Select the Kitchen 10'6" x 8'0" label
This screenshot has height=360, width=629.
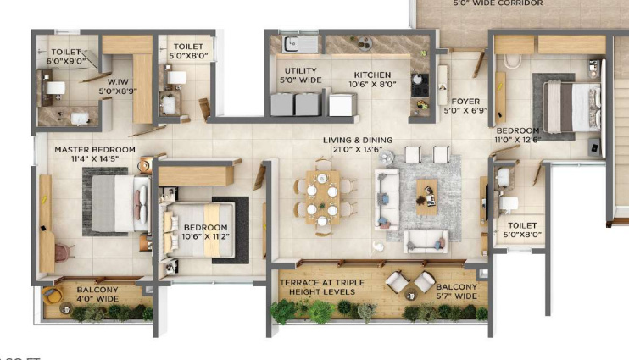[x=372, y=80]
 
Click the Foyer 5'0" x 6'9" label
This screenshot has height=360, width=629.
[x=465, y=105]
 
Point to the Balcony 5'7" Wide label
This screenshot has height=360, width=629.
[x=456, y=291]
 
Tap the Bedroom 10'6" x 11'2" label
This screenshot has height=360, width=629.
[x=205, y=233]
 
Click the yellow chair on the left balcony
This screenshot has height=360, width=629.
[x=53, y=296]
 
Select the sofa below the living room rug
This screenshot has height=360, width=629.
[x=427, y=241]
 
